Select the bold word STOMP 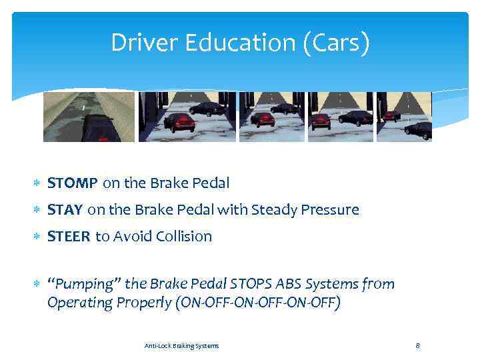click(73, 183)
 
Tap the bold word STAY click(65, 210)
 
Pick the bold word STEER click(69, 236)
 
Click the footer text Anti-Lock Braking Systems click(181, 345)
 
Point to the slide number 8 click(417, 345)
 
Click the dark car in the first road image click(97, 129)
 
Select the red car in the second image click(180, 121)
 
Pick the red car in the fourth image click(321, 121)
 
